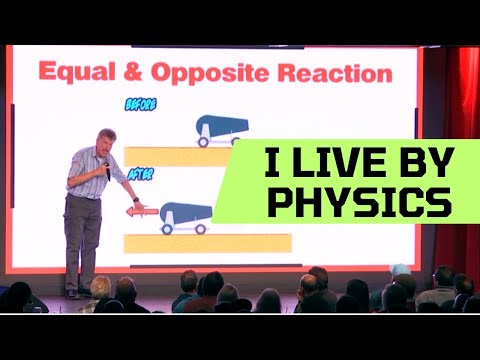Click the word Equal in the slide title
(81, 72)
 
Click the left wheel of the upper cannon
(205, 141)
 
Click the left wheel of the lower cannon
(168, 228)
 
